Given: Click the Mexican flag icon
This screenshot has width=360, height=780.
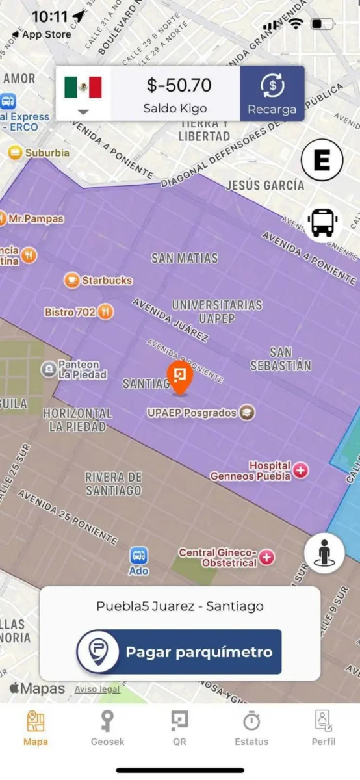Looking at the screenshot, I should point(83,87).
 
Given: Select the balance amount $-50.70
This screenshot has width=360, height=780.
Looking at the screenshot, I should point(179,85).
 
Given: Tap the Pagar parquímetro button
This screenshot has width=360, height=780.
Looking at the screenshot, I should point(179,651).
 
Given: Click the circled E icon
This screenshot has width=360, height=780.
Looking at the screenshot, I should point(322,160).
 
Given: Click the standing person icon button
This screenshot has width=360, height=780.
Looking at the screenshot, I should point(324,554).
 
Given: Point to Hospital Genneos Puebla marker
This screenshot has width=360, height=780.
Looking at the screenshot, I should point(300,470).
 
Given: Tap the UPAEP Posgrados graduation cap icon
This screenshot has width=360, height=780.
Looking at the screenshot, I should point(247,413).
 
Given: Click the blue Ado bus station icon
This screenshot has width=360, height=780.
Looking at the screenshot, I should point(138,556).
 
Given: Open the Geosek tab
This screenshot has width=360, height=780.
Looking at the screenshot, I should point(107,727).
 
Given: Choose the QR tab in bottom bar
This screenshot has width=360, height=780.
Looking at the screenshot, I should point(179,727).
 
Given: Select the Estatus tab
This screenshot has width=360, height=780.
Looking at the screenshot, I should point(251,727).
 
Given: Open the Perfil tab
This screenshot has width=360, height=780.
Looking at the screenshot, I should point(324,727).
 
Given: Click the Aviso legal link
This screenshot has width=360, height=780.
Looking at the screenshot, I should point(97,689).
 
